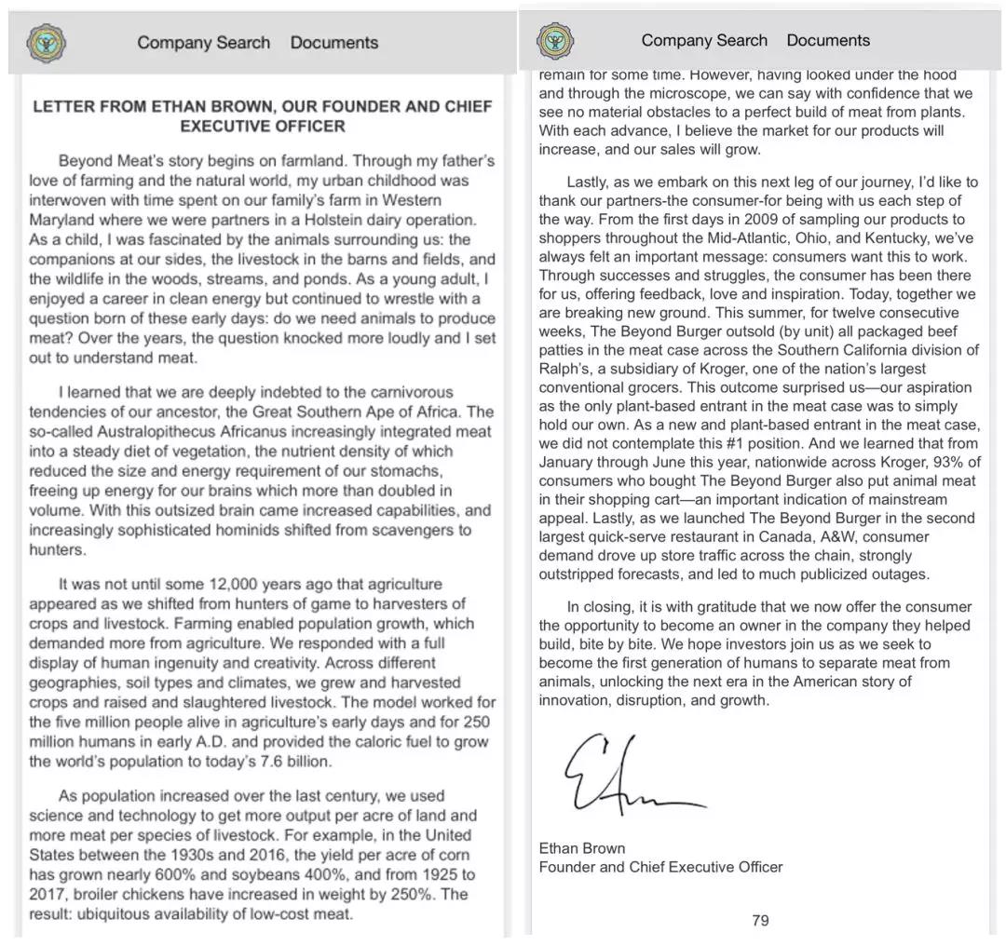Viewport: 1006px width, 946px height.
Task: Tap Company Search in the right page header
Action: click(x=704, y=40)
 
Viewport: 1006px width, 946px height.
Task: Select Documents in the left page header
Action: click(x=333, y=42)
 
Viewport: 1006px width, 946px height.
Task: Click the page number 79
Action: click(x=760, y=920)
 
